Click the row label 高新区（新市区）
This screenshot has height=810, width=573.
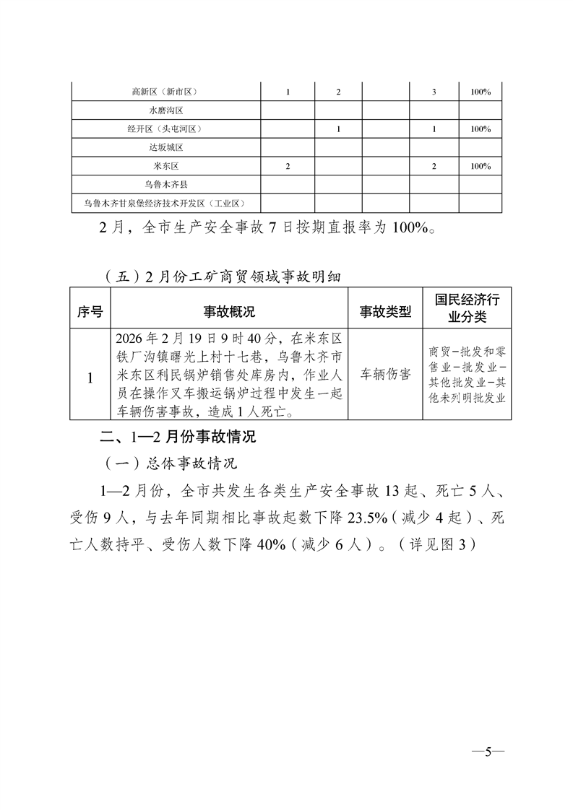pos(165,92)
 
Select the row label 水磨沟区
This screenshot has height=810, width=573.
pos(165,111)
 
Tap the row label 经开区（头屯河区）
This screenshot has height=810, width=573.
pos(165,129)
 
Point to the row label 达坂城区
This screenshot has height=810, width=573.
pos(165,148)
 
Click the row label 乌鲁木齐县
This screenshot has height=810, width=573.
pos(165,185)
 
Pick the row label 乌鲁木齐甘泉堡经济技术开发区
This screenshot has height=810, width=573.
pos(165,204)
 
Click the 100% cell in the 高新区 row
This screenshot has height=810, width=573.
pos(481,92)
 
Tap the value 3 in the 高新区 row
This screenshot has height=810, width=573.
pos(434,92)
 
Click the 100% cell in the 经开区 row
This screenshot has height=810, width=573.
pos(481,129)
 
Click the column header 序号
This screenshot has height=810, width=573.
pos(90,312)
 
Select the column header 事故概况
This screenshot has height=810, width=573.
pos(229,312)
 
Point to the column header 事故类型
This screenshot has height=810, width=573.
pos(385,312)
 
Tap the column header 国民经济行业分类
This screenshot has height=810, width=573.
pos(467,308)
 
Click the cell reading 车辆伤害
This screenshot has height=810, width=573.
pos(385,375)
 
